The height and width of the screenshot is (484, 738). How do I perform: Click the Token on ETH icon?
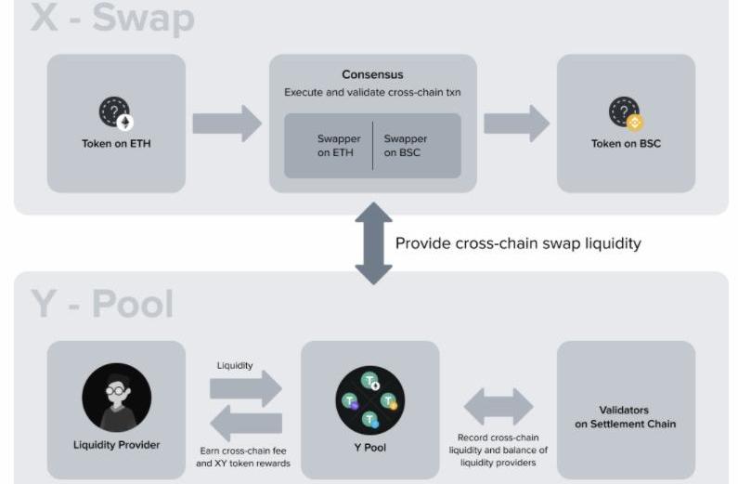[116, 113]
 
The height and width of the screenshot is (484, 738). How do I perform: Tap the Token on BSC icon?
[626, 113]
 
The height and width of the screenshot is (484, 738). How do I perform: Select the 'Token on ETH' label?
[116, 144]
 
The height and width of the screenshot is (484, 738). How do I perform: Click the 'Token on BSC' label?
[626, 144]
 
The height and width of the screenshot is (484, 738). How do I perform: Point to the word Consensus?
[372, 74]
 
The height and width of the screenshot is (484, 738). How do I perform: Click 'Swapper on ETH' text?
[338, 146]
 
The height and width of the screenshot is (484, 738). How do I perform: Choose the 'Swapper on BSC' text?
[406, 146]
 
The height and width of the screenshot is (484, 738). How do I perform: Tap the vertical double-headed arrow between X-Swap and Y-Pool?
[373, 243]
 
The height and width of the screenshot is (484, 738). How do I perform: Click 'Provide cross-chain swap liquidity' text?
[518, 243]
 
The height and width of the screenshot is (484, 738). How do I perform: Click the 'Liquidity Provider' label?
[116, 445]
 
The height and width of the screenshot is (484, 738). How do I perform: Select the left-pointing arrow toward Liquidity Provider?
[246, 425]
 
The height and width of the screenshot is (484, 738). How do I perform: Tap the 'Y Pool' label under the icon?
[370, 447]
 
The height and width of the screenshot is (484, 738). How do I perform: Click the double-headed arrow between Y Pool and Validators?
[498, 407]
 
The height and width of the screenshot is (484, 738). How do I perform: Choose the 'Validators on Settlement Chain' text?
[625, 416]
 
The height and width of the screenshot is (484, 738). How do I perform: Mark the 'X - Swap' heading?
[112, 19]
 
